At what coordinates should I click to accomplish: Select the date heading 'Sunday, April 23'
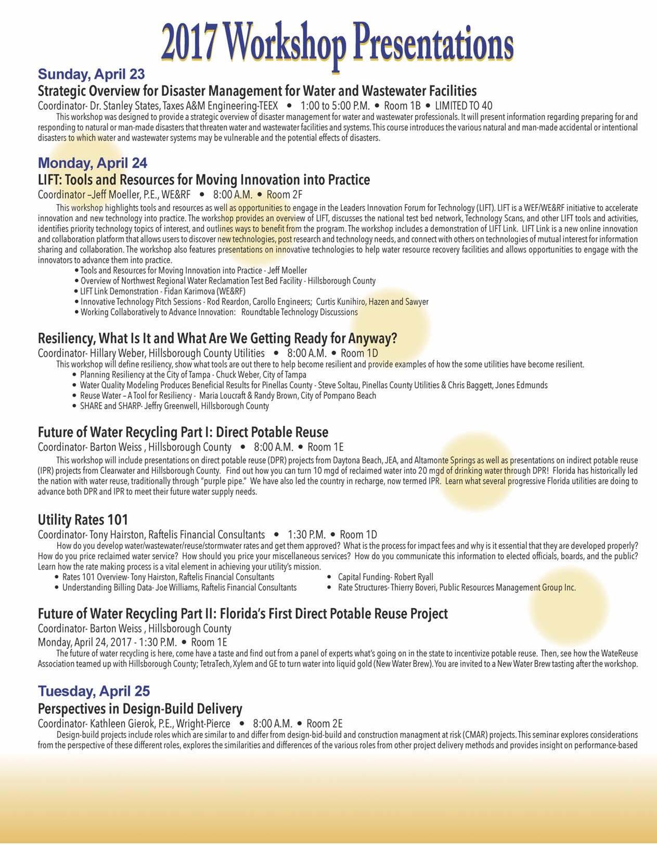click(x=91, y=74)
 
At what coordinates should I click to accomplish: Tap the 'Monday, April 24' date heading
click(x=93, y=163)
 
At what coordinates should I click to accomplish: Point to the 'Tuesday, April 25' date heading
click(x=94, y=691)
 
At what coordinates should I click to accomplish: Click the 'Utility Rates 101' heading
click(x=83, y=520)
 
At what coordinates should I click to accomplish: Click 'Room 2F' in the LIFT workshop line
click(x=284, y=195)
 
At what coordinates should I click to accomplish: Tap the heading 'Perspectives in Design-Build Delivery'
click(x=140, y=709)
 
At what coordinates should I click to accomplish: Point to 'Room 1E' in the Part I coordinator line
click(x=325, y=447)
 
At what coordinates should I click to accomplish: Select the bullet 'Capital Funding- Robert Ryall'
click(x=385, y=577)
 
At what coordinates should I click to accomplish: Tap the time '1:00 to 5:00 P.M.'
click(x=335, y=106)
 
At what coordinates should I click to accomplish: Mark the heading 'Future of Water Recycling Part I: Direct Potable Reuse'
click(x=183, y=432)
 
